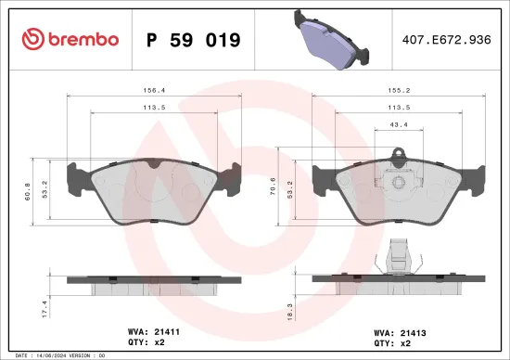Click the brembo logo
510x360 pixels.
tap(70, 39)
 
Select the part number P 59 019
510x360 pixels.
tap(194, 40)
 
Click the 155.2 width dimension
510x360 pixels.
tap(398, 92)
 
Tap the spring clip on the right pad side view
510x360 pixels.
tap(399, 251)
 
